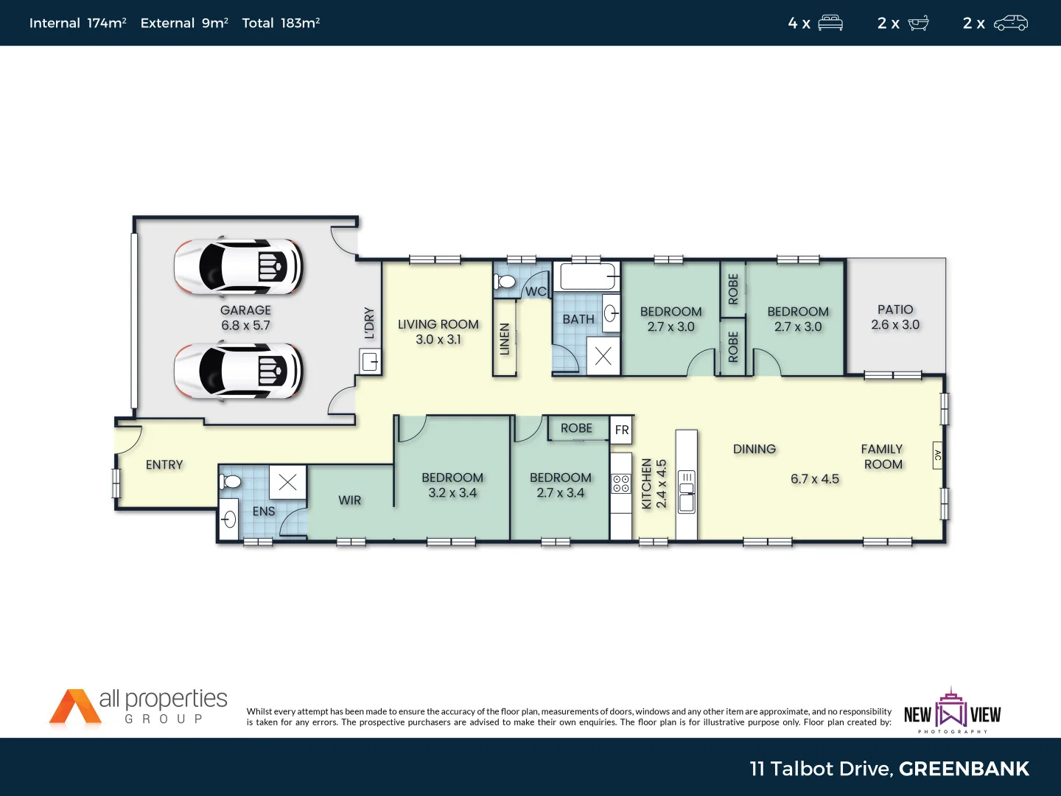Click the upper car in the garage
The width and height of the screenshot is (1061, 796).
point(238,266)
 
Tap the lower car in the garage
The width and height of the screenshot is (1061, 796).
point(238,371)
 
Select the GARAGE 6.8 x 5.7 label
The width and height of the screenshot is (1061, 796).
point(245,318)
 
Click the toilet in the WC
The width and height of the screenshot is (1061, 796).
point(505,282)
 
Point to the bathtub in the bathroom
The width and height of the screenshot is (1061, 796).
point(587,277)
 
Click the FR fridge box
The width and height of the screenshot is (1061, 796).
point(621,430)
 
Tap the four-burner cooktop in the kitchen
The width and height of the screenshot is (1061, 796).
point(621,483)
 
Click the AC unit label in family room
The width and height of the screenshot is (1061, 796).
point(937,455)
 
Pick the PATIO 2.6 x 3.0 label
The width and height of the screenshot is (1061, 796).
point(895,317)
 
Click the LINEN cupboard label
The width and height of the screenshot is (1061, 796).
point(505,339)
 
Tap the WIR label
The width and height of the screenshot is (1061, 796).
point(349,500)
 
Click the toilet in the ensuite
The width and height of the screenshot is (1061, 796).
point(231,482)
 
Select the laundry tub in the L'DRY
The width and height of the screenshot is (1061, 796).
point(370,361)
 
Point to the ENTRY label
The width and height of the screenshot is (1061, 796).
point(164,465)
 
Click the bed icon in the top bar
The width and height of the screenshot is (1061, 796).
point(830,23)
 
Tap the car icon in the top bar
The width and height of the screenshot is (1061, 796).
point(1010,24)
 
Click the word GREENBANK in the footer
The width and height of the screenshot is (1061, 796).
point(964,769)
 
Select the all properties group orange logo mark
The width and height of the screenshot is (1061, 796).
point(74,708)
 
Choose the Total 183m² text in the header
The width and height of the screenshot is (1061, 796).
point(281,23)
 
